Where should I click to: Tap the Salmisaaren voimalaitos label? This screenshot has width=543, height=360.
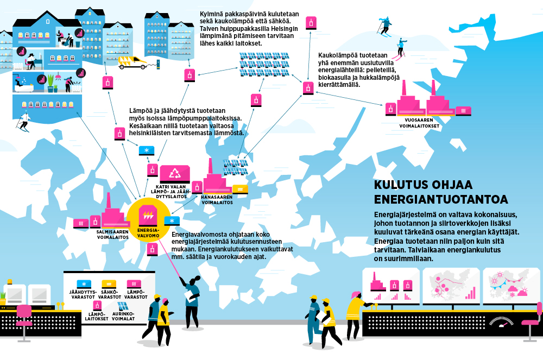(112, 235)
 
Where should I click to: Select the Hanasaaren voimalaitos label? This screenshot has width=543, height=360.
(217, 200)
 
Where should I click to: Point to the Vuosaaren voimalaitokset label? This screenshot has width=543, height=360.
(419, 123)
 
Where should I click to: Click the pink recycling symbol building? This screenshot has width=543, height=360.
(174, 174)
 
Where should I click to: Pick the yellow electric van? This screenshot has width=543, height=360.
(133, 62)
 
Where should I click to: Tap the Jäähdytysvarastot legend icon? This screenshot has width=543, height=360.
(84, 284)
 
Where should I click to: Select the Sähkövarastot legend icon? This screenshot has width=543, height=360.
(109, 284)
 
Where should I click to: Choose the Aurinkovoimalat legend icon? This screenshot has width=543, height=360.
(123, 306)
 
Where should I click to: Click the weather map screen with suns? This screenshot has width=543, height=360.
(511, 285)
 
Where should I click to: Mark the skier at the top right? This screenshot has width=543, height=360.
(385, 27)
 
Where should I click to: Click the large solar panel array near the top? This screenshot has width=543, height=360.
(264, 65)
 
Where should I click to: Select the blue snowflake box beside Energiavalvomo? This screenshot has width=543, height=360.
(172, 220)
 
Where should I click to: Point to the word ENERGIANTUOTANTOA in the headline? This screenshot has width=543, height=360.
(441, 199)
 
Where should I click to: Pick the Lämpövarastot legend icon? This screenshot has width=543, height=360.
(134, 284)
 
